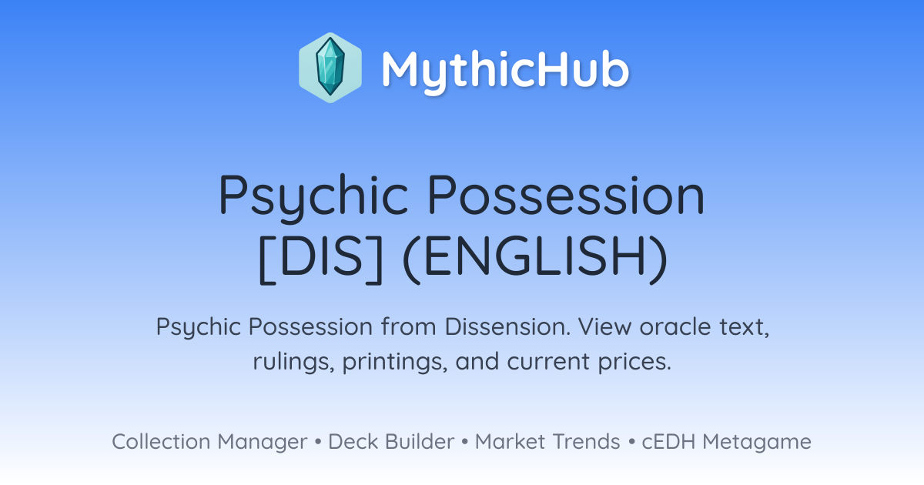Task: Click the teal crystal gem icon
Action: (x=330, y=67)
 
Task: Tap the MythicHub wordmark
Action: (x=505, y=71)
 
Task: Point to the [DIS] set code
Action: (x=320, y=259)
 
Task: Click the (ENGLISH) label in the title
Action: (x=534, y=259)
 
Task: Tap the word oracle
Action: (x=675, y=326)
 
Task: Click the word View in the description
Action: (x=604, y=326)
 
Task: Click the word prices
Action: (x=634, y=362)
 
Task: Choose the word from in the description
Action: (x=408, y=326)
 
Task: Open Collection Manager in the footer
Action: (x=209, y=442)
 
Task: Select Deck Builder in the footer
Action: (x=391, y=442)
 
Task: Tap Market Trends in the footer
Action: (x=547, y=442)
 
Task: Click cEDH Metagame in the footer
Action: (x=726, y=442)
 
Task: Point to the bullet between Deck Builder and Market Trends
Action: (x=465, y=442)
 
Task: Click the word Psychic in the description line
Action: (x=199, y=327)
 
